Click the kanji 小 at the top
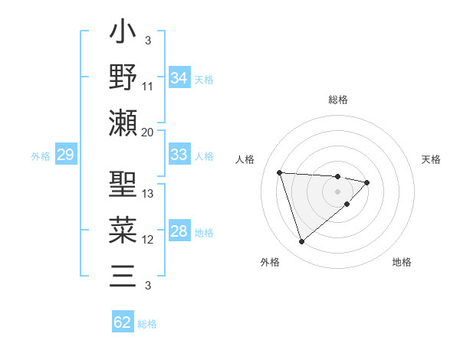(123, 35)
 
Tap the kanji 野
(123, 77)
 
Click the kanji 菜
(123, 230)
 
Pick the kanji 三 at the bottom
(123, 273)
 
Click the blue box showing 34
(179, 77)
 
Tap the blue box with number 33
(179, 155)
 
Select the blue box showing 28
(179, 231)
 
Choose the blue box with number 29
(65, 155)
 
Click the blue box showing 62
(123, 322)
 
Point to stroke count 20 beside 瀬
(148, 132)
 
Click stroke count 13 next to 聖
(148, 194)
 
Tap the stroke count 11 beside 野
(148, 86)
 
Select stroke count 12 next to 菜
(148, 240)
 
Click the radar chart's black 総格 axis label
(337, 100)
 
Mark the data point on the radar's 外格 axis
(301, 242)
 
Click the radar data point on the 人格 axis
(280, 172)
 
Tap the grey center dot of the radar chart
(337, 191)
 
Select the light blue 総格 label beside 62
(147, 323)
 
